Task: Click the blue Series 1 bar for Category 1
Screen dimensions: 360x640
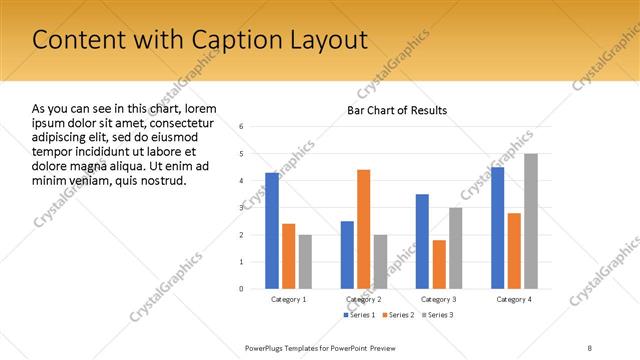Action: [x=272, y=231]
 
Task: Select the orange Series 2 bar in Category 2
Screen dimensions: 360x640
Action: [x=363, y=229]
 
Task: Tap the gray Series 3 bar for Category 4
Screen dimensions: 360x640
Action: [x=530, y=221]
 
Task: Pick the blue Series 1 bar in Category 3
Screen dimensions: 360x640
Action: [x=422, y=241]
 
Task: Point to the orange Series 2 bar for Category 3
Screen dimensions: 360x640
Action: [x=439, y=264]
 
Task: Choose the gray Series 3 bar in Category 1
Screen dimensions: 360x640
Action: [x=304, y=262]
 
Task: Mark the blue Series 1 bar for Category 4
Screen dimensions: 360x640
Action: [x=498, y=228]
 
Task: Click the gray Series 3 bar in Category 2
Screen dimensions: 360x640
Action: [x=379, y=262]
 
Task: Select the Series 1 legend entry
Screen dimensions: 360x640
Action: [x=361, y=315]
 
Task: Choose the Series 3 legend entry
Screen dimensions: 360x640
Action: [x=437, y=315]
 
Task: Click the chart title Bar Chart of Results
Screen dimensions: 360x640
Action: [x=397, y=110]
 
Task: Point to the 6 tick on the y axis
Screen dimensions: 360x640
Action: [x=241, y=127]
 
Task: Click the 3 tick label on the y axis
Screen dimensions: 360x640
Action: [x=241, y=208]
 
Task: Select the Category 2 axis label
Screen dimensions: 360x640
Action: [x=363, y=300]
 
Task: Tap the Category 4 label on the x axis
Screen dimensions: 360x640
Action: [x=514, y=300]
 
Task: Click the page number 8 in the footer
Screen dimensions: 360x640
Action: [x=590, y=347]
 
